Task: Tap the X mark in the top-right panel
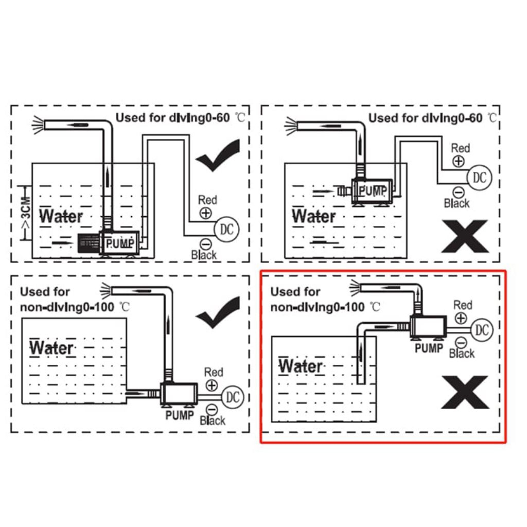click(464, 236)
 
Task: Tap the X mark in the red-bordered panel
click(464, 392)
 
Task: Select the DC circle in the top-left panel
click(226, 229)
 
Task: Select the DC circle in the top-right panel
click(479, 178)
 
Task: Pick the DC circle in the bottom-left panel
click(233, 397)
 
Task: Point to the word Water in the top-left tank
click(61, 216)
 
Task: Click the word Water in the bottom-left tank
click(51, 347)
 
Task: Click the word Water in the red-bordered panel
click(301, 366)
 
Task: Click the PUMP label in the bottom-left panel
click(179, 415)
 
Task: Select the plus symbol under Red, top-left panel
click(206, 213)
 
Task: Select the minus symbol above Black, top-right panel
click(457, 192)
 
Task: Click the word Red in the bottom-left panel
click(214, 372)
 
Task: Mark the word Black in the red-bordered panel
click(462, 354)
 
